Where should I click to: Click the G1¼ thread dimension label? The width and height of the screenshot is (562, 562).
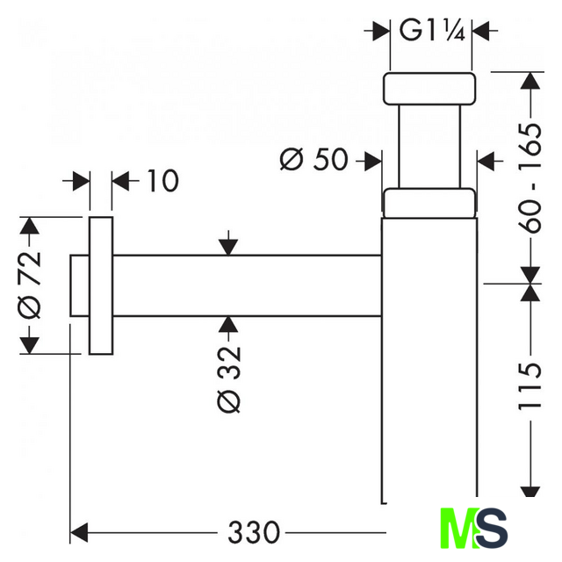point(424,31)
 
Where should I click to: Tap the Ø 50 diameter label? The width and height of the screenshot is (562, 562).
point(313,160)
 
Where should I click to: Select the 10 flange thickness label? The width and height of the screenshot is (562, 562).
point(161,181)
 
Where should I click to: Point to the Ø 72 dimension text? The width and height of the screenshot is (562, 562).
point(30,285)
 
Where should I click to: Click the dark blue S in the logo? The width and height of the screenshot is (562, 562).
point(494,530)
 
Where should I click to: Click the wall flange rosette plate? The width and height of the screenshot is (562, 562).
point(101,285)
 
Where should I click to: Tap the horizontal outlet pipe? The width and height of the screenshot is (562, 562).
point(246,285)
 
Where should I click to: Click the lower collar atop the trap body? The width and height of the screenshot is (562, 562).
point(429,202)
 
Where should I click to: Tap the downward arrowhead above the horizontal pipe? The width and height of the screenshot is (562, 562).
point(227,246)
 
